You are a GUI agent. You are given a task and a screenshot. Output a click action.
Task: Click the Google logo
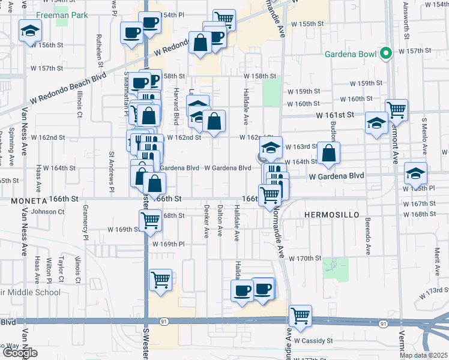click(20, 352)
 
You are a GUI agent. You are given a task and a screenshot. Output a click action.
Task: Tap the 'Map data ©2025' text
click(423, 355)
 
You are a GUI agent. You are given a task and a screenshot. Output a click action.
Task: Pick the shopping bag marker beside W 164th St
click(328, 154)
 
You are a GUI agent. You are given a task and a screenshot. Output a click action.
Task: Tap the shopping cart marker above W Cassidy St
click(300, 316)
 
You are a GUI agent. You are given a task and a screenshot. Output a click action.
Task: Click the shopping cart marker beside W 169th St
click(149, 221)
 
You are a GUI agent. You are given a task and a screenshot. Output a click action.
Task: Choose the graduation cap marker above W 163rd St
click(271, 147)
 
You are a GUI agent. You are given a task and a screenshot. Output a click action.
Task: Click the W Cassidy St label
click(313, 341)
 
